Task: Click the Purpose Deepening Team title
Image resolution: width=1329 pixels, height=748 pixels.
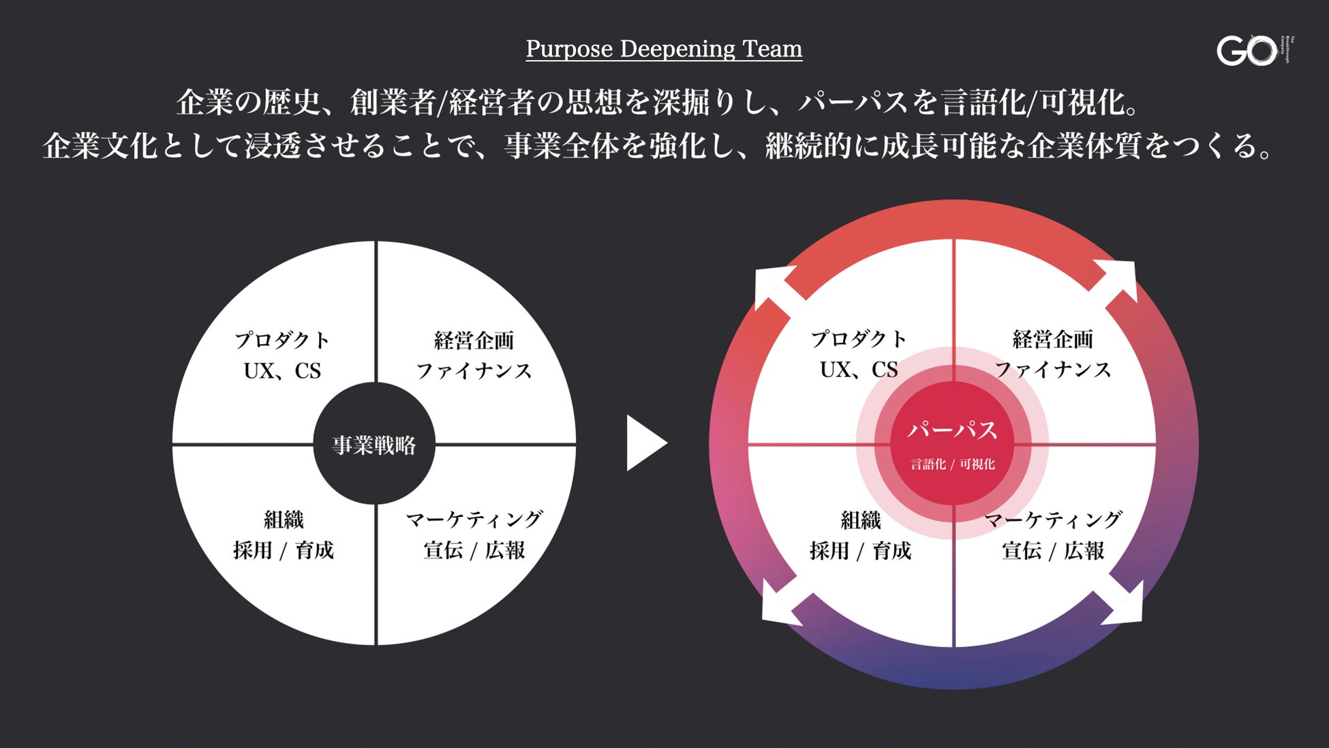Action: (664, 49)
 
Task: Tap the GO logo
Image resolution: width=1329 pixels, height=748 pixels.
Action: (1247, 50)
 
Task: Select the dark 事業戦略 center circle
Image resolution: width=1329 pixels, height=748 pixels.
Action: (373, 445)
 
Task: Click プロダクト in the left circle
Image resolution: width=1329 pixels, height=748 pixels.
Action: (282, 340)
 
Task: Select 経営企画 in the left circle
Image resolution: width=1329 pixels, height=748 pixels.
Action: (474, 340)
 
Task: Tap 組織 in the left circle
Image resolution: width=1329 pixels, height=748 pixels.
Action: (284, 520)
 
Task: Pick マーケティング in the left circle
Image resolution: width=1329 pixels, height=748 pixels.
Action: (474, 520)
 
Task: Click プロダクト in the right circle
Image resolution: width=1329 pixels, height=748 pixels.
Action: (859, 339)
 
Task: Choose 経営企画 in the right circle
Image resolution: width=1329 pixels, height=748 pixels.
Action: (1052, 339)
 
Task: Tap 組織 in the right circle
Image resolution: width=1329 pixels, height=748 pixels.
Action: (860, 520)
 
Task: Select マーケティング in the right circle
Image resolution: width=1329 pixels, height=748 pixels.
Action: (1053, 520)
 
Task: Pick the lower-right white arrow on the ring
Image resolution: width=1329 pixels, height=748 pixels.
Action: (1123, 603)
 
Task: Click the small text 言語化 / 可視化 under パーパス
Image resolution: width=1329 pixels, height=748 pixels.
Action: (953, 464)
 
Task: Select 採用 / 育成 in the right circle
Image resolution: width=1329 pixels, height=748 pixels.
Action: (860, 550)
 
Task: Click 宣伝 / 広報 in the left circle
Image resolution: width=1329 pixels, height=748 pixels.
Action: (474, 550)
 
